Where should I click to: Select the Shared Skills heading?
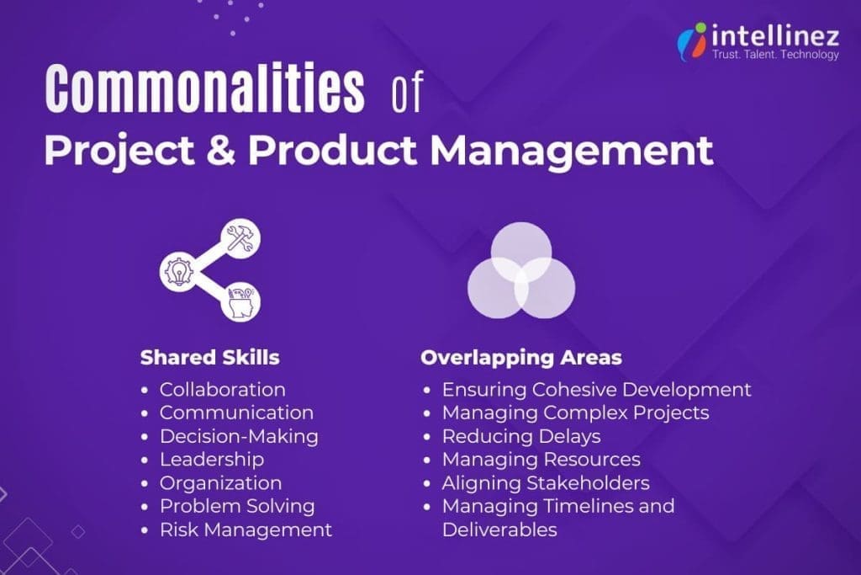click(x=209, y=357)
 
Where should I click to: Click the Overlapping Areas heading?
click(x=520, y=357)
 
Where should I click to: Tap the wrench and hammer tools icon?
click(x=240, y=239)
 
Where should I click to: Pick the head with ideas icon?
click(x=240, y=301)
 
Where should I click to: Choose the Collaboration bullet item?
click(x=222, y=390)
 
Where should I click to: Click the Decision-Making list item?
click(x=239, y=436)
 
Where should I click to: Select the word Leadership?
click(x=211, y=460)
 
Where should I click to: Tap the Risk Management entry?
click(x=246, y=530)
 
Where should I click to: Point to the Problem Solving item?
click(x=237, y=506)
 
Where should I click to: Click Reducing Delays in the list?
click(x=521, y=436)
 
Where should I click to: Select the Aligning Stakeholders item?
click(x=546, y=482)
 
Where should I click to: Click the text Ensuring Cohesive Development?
click(x=596, y=390)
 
